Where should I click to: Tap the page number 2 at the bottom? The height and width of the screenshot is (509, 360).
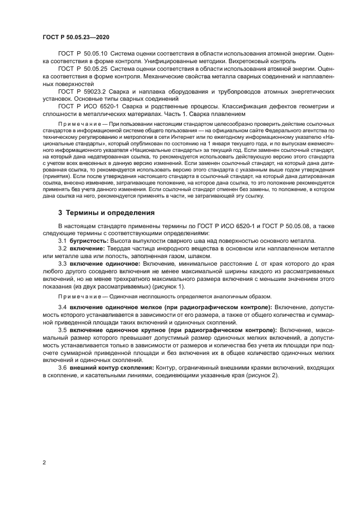point(44,462)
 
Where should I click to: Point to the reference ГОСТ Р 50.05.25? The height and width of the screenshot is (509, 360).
point(83,69)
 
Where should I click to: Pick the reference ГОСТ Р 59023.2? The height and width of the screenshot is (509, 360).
point(81,91)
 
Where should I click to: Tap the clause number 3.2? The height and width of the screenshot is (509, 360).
point(63,248)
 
